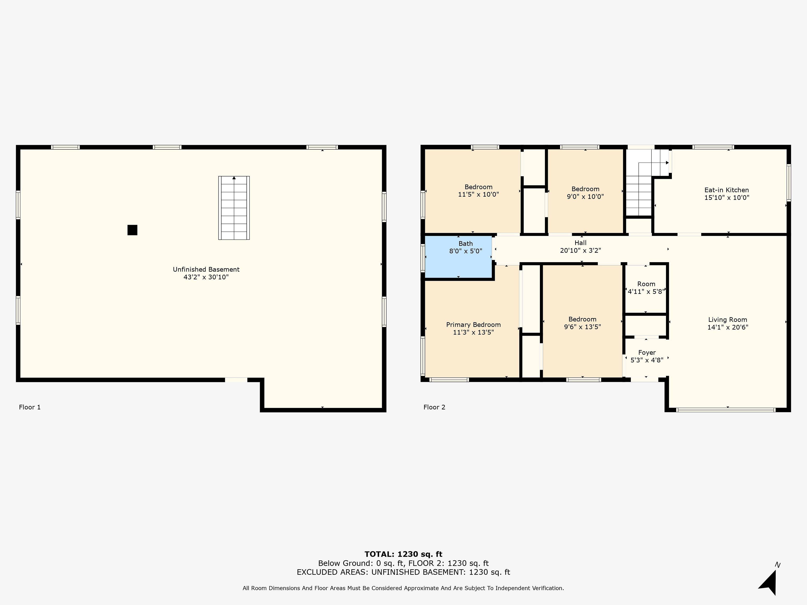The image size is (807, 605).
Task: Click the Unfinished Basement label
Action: coord(206,270)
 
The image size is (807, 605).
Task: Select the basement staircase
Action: coord(234,208)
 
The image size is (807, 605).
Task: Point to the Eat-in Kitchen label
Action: coord(726,190)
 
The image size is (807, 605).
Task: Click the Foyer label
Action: coord(647,353)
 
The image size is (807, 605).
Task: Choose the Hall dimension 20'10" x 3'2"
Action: coord(580,251)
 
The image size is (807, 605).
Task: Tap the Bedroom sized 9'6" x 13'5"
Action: coord(582,321)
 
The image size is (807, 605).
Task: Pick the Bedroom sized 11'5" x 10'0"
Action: coord(473,191)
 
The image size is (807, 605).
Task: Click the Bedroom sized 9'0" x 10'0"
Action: coord(585,191)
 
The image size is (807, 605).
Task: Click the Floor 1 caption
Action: coord(30,407)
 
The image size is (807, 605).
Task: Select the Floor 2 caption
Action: coord(434,407)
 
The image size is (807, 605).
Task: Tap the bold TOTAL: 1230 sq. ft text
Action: coord(403,555)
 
